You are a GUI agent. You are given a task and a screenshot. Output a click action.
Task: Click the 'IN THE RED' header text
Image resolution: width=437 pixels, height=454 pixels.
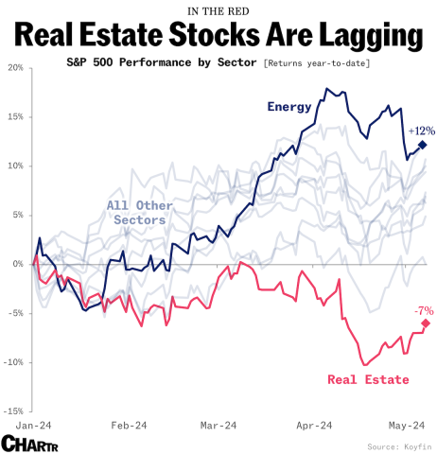tap(218, 11)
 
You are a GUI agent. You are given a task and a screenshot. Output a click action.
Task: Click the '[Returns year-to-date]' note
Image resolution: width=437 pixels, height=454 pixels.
tap(317, 62)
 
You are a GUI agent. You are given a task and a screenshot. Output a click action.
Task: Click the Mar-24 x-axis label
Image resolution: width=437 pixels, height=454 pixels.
tap(217, 426)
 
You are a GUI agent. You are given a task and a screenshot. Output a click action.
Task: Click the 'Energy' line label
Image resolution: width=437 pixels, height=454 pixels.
tap(289, 106)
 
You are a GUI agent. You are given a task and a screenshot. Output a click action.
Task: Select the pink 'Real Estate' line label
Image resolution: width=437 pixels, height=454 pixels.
tap(368, 380)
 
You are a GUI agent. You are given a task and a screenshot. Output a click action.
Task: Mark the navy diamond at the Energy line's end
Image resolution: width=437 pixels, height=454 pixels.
tap(423, 145)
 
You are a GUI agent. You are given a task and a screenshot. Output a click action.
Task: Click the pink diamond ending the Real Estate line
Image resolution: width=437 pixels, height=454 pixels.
tap(426, 323)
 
